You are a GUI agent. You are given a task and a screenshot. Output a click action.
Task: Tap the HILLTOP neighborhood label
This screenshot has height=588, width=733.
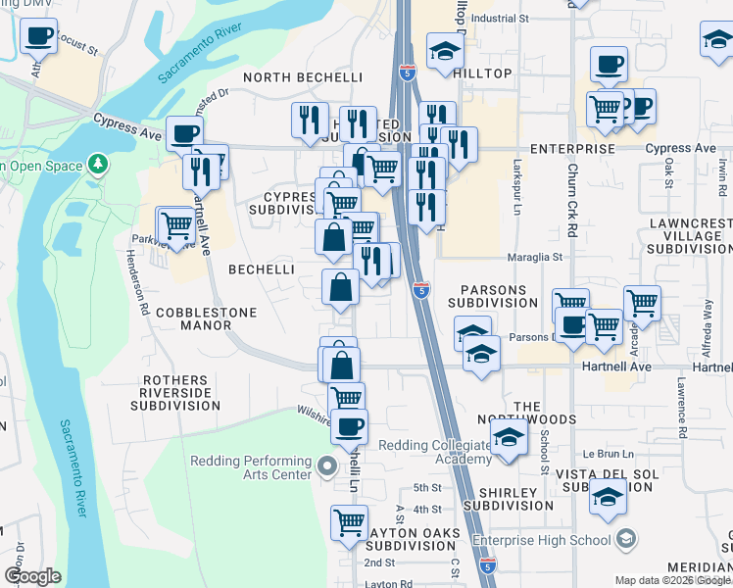pyautogui.click(x=483, y=73)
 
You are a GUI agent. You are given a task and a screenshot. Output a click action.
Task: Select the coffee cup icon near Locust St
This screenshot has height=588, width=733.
pyautogui.click(x=38, y=36)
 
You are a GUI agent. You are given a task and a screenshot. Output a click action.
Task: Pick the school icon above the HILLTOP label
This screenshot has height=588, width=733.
pyautogui.click(x=444, y=50)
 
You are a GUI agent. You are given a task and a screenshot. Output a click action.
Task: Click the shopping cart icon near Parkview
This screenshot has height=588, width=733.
pyautogui.click(x=177, y=225)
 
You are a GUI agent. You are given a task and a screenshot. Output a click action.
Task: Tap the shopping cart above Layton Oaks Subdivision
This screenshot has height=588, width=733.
pyautogui.click(x=349, y=523)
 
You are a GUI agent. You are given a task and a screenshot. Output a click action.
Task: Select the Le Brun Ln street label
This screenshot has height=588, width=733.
pyautogui.click(x=604, y=455)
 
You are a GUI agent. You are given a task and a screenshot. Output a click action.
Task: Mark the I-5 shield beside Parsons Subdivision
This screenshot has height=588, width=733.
pyautogui.click(x=420, y=290)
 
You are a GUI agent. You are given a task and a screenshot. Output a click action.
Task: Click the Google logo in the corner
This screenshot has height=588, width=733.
pyautogui.click(x=32, y=576)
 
